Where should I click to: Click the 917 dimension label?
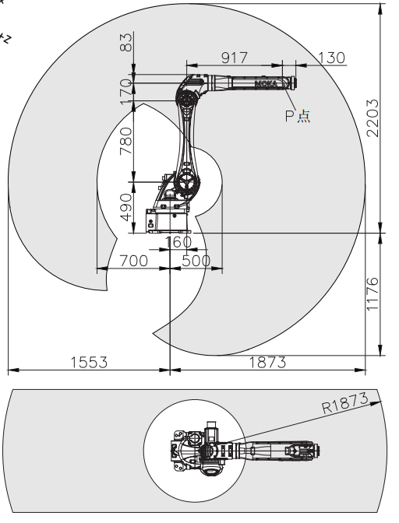(235, 58)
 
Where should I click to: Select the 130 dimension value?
(331, 58)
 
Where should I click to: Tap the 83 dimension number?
(126, 42)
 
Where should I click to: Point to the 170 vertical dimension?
(126, 91)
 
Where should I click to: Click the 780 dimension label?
(126, 142)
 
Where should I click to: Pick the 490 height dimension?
(126, 207)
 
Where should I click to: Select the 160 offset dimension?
(178, 242)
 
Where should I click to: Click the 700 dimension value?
(133, 261)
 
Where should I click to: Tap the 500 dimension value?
(196, 261)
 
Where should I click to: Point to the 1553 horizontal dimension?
(89, 362)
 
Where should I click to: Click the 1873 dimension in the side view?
(268, 362)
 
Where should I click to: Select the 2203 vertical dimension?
(373, 118)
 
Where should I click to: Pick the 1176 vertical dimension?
(373, 294)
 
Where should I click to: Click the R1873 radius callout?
(345, 402)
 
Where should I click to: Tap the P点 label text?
(298, 116)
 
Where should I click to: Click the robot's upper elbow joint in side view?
(185, 98)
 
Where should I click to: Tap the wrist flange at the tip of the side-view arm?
(294, 82)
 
